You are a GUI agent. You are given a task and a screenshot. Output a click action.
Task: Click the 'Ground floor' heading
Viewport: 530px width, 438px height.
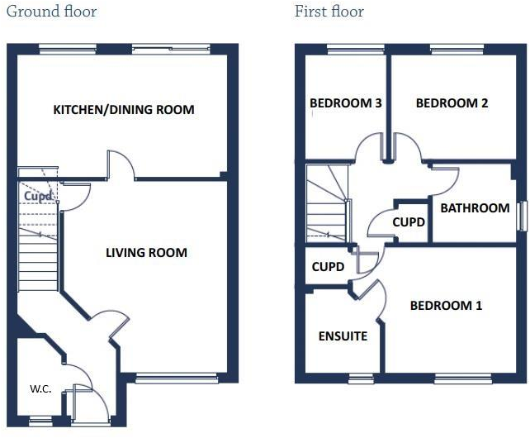51,12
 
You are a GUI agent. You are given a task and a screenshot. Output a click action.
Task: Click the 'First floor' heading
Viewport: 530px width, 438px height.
329,12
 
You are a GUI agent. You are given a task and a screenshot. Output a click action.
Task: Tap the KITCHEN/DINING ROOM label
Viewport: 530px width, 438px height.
124,110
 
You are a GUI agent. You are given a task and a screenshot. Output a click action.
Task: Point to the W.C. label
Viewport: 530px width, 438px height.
41,388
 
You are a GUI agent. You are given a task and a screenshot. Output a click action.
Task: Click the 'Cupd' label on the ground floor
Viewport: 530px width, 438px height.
38,197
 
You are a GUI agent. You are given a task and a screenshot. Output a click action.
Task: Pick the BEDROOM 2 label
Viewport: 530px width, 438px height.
452,103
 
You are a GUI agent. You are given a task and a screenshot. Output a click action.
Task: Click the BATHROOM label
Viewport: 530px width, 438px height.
474,207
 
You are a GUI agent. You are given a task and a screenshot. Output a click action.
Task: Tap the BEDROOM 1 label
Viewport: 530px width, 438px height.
446,306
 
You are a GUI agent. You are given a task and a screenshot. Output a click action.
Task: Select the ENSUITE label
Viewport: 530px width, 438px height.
343,336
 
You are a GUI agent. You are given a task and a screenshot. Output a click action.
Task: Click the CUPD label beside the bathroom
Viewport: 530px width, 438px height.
409,222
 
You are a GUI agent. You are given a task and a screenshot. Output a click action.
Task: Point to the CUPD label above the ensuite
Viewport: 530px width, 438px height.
328,267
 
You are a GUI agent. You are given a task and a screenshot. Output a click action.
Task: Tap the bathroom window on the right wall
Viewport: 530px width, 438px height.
521,217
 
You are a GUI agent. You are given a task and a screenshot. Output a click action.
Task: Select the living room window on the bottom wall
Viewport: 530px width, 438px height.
176,378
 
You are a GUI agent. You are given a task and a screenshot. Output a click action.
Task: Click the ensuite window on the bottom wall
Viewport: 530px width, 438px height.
360,378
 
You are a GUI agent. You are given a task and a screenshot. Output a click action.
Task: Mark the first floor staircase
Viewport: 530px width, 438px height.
327,202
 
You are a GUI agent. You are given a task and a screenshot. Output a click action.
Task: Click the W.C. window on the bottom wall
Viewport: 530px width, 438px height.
40,421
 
